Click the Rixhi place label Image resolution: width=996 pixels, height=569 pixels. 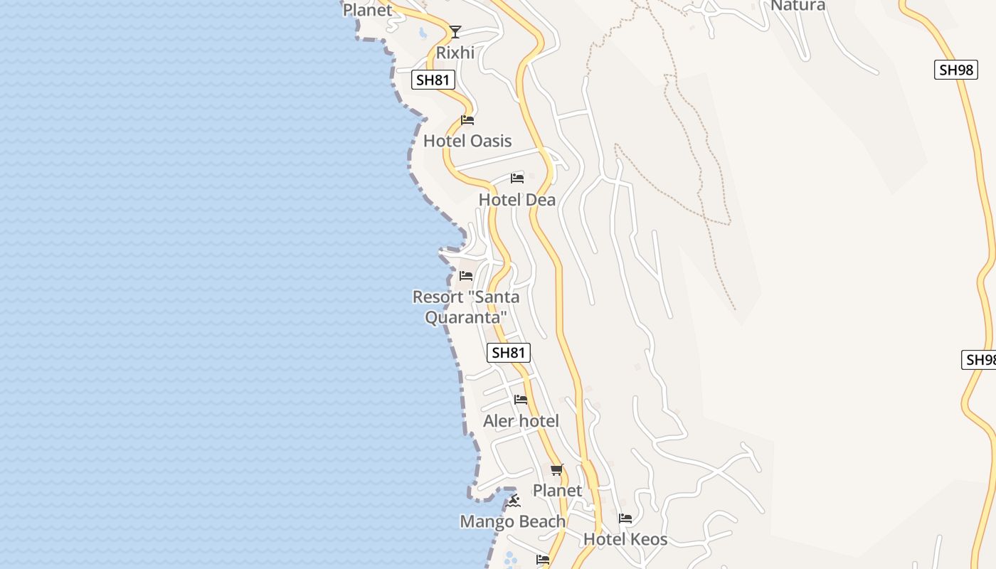[455, 53]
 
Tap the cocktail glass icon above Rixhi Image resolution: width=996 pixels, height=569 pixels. [455, 32]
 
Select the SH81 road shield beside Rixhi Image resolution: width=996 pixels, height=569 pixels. [433, 80]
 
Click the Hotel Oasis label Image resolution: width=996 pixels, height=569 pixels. [467, 141]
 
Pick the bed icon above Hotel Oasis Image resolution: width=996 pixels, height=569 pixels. [467, 120]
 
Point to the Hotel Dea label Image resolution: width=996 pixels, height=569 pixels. [517, 200]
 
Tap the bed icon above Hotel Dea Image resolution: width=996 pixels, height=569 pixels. [517, 179]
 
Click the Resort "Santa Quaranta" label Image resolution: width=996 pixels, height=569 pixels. [466, 307]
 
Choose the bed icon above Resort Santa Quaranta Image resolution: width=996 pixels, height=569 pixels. [466, 276]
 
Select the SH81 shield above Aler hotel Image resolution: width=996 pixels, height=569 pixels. [509, 352]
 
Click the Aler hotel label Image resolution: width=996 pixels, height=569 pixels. [521, 421]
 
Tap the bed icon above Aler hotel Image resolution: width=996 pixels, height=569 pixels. [521, 400]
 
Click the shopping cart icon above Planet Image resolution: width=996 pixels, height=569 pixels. [557, 469]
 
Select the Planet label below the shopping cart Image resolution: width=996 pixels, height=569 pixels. [557, 491]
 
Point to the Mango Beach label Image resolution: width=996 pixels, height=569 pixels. [513, 522]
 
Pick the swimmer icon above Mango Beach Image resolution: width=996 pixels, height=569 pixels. [514, 501]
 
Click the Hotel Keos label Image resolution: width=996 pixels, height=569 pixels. [625, 540]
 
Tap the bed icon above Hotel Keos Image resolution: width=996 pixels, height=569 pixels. [625, 519]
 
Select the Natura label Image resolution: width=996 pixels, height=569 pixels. [798, 6]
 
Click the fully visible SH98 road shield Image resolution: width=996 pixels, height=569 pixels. [956, 70]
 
